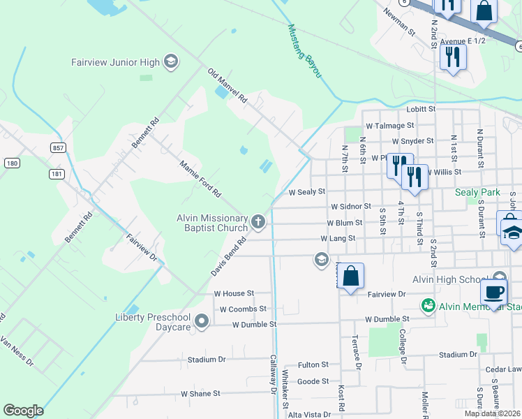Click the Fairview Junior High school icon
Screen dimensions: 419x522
pos(170,62)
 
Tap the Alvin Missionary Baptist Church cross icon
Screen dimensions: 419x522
pos(258,223)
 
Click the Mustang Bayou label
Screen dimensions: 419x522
pos(304,51)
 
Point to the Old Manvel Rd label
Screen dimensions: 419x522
pos(228,86)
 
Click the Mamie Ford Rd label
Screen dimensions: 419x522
pos(200,179)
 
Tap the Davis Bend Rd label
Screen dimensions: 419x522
pos(229,256)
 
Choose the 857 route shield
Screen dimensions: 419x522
pos(58,147)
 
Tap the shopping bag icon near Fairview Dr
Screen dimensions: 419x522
pos(352,276)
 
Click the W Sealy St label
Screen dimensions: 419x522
pos(307,191)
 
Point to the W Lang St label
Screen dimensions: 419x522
pos(338,238)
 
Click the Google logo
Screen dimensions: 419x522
pos(23,411)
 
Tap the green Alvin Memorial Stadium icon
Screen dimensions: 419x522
pos(428,306)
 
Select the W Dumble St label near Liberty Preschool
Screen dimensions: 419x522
pos(254,325)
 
